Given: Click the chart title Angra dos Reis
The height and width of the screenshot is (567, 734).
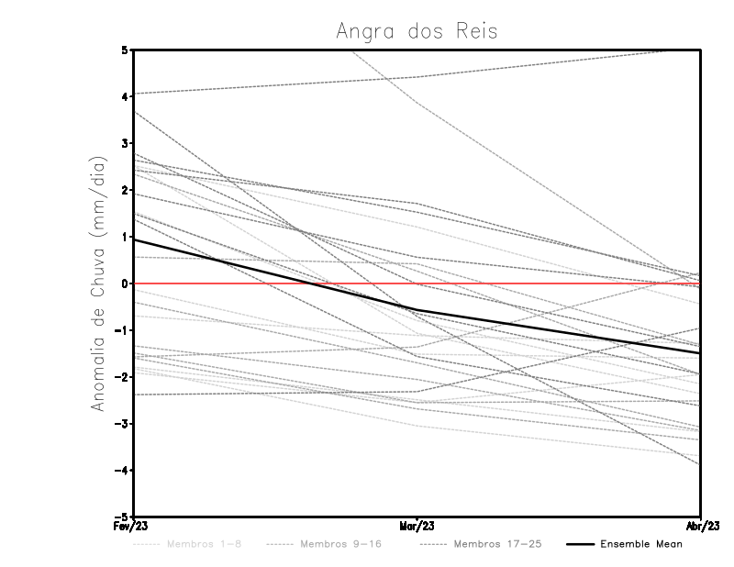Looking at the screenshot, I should [x=417, y=30].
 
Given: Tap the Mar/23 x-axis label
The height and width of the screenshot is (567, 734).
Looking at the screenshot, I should [x=417, y=527].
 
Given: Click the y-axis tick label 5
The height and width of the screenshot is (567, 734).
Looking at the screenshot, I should [x=124, y=50].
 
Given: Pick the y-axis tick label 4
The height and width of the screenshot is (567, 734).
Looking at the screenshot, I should [x=124, y=96].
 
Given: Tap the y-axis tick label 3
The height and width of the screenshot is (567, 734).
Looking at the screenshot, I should [x=124, y=143].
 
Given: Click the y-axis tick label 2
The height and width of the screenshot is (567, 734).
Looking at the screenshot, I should [x=124, y=190].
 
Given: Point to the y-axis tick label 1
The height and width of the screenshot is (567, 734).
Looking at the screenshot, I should [x=124, y=237].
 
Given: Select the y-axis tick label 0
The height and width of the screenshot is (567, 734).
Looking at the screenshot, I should [x=124, y=283].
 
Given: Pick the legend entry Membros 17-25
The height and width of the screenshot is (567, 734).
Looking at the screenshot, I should [x=496, y=544].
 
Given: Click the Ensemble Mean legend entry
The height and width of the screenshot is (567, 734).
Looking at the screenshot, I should [x=640, y=544].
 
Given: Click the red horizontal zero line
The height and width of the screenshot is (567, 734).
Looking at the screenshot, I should [x=550, y=283].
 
